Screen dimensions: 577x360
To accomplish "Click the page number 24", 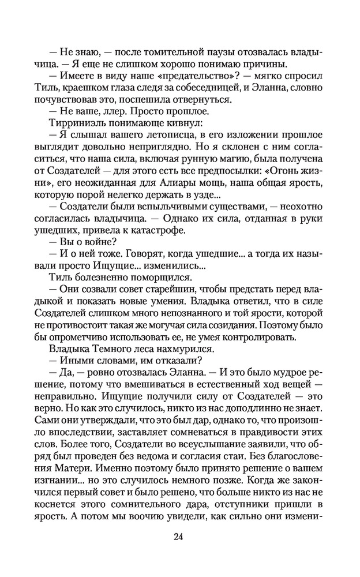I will [x=179, y=537].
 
